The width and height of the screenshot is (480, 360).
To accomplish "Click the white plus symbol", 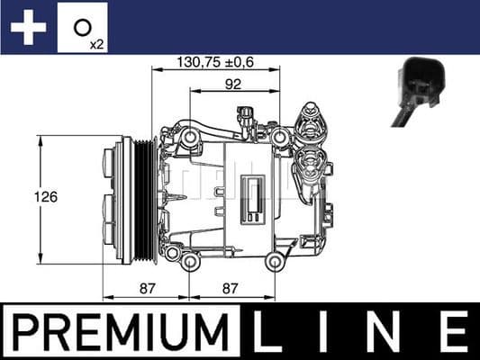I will [27, 27].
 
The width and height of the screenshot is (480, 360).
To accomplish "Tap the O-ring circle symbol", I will [81, 25].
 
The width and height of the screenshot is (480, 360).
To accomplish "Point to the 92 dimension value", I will [232, 85].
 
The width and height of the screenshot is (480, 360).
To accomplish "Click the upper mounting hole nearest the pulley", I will [191, 136].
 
